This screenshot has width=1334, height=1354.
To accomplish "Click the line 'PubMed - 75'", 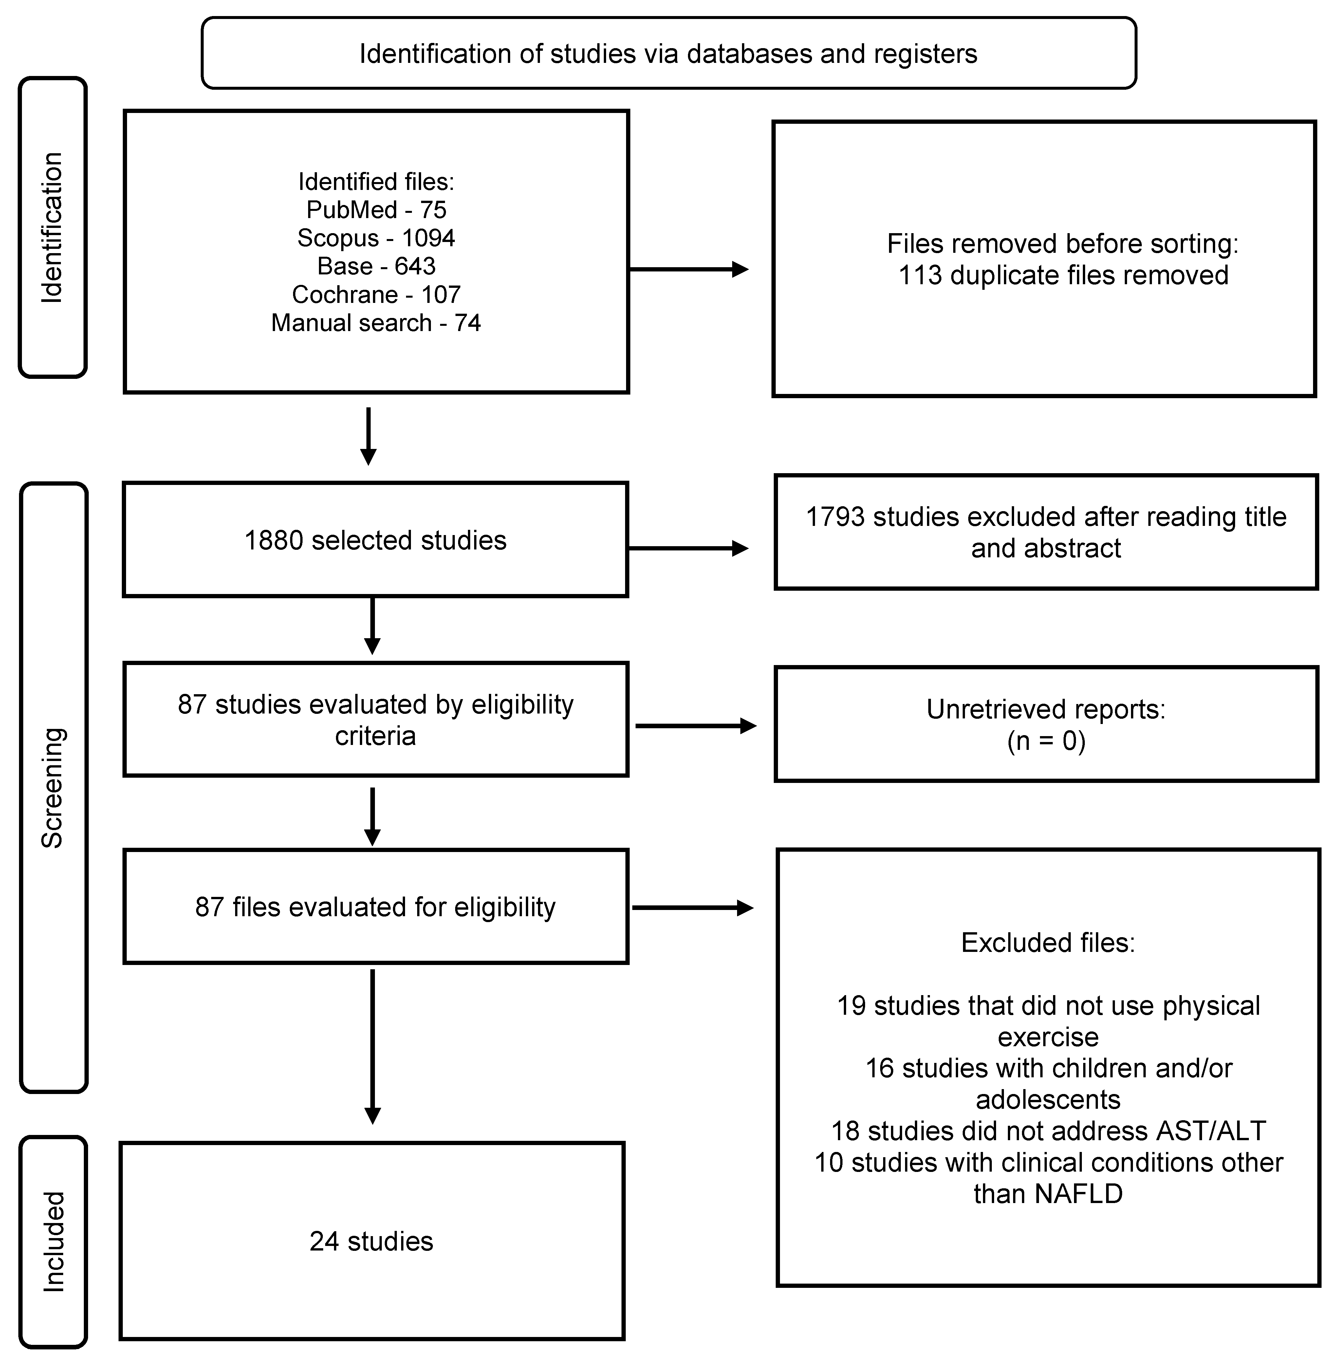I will coord(376,210).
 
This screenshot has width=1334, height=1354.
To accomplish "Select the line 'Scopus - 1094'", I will coord(376,238).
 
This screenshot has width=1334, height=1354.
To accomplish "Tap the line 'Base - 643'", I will coord(376,266).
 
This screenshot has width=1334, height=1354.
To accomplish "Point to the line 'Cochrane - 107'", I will coord(376,294).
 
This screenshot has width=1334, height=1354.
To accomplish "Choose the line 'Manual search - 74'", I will coord(376,323).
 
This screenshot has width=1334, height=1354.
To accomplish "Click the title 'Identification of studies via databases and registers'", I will coord(668,54).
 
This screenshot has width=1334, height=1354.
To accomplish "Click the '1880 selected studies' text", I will coord(376,540).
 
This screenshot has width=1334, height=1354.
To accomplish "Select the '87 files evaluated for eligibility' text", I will coord(376,907).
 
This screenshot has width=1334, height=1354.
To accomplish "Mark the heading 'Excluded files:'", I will coord(1047,943).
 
